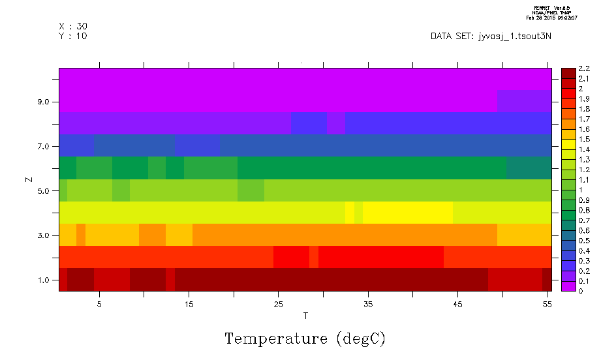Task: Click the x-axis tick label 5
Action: click(99, 304)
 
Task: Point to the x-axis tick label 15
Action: click(189, 304)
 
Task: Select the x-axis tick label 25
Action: click(278, 304)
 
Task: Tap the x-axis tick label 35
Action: click(368, 304)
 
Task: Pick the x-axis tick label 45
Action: click(457, 304)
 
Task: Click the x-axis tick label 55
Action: click(547, 304)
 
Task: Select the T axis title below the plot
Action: click(305, 316)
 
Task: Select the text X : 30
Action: click(73, 26)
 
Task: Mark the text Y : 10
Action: click(73, 36)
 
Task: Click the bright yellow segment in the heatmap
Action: click(407, 213)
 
